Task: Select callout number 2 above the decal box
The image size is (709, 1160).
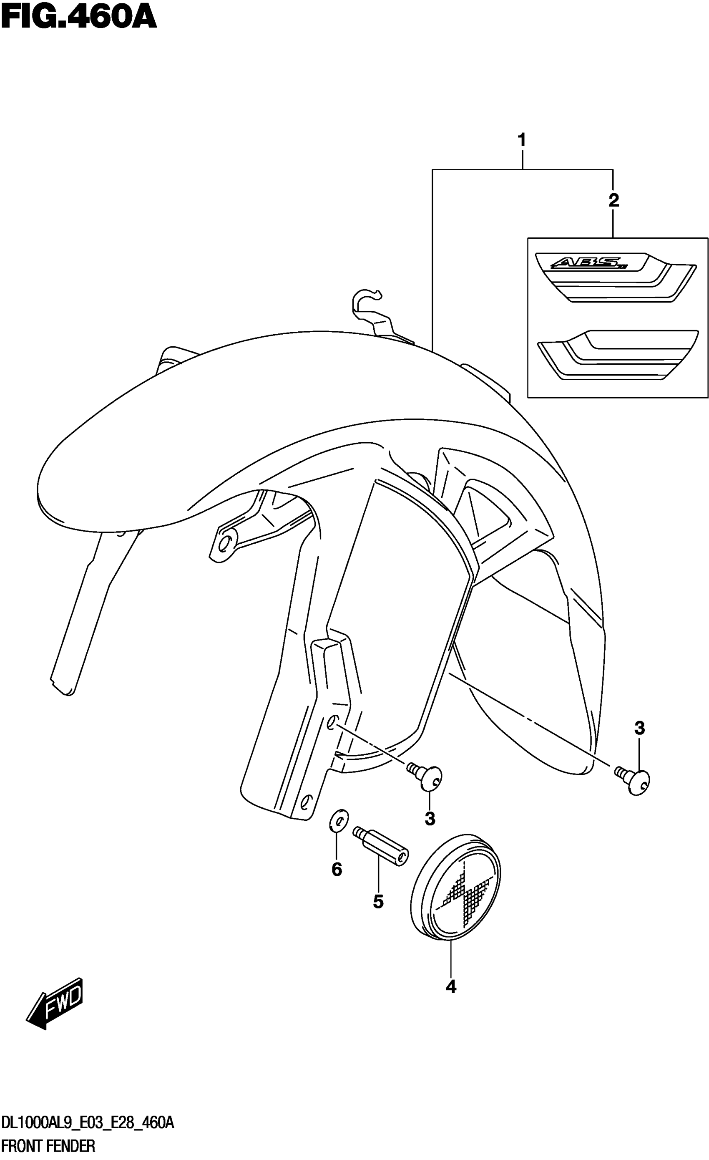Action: point(613,201)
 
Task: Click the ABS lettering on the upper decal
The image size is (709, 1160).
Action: point(587,263)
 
